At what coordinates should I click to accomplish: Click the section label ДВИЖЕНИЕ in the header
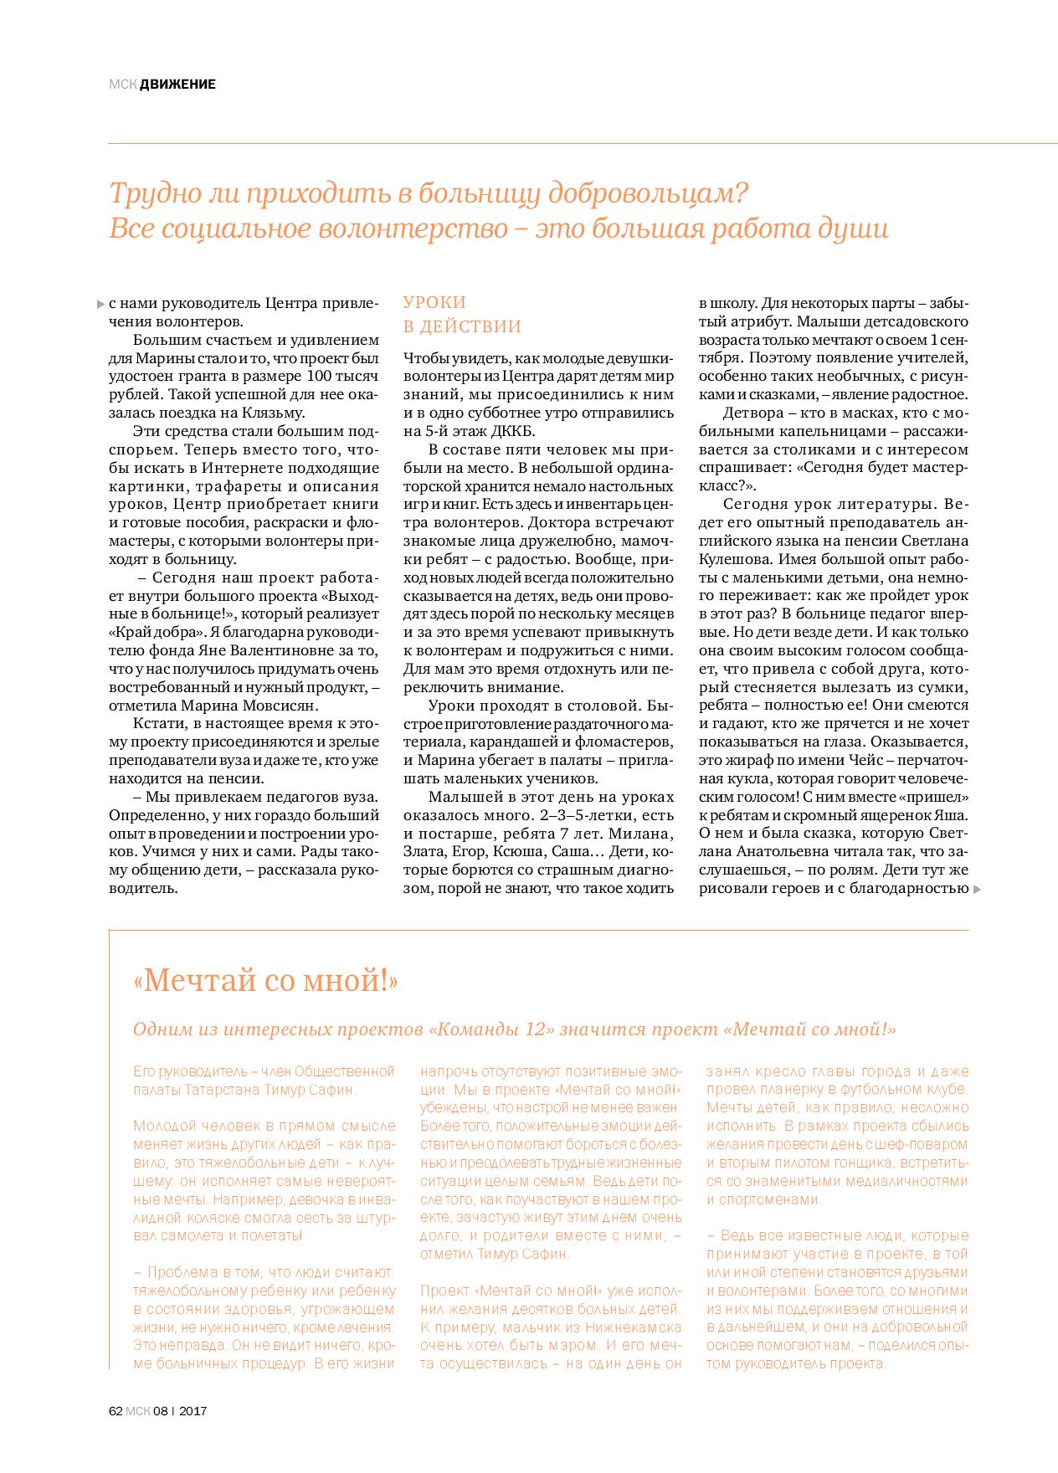177,84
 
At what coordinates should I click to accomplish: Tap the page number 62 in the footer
116,1410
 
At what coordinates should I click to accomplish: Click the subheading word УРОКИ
434,302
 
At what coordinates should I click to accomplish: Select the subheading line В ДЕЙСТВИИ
462,326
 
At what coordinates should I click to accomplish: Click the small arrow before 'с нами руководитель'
101,303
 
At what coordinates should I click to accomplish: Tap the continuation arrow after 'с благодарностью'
977,889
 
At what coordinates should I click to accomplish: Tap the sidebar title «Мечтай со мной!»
265,981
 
